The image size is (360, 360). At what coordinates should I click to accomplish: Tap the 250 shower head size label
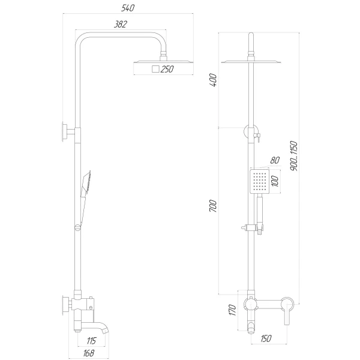tap(167, 70)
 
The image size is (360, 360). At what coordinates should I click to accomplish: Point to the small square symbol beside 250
tap(155, 70)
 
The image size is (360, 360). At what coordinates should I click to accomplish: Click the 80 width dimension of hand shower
tap(275, 160)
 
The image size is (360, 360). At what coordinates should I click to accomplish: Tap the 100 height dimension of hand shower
tap(275, 181)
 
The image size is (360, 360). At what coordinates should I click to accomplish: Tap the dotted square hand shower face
tap(259, 181)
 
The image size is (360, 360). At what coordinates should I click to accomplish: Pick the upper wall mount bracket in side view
tap(64, 131)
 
